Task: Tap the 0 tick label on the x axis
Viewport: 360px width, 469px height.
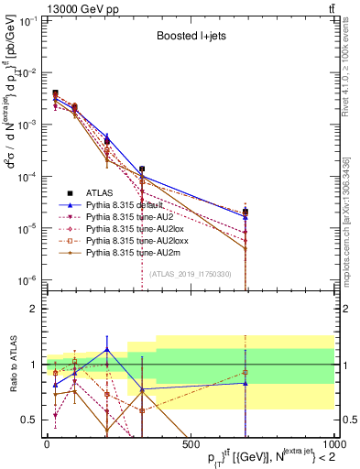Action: [x=47, y=443]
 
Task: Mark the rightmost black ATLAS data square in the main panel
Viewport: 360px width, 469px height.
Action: [x=245, y=211]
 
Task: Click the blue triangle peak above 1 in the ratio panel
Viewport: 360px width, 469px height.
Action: [x=107, y=349]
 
